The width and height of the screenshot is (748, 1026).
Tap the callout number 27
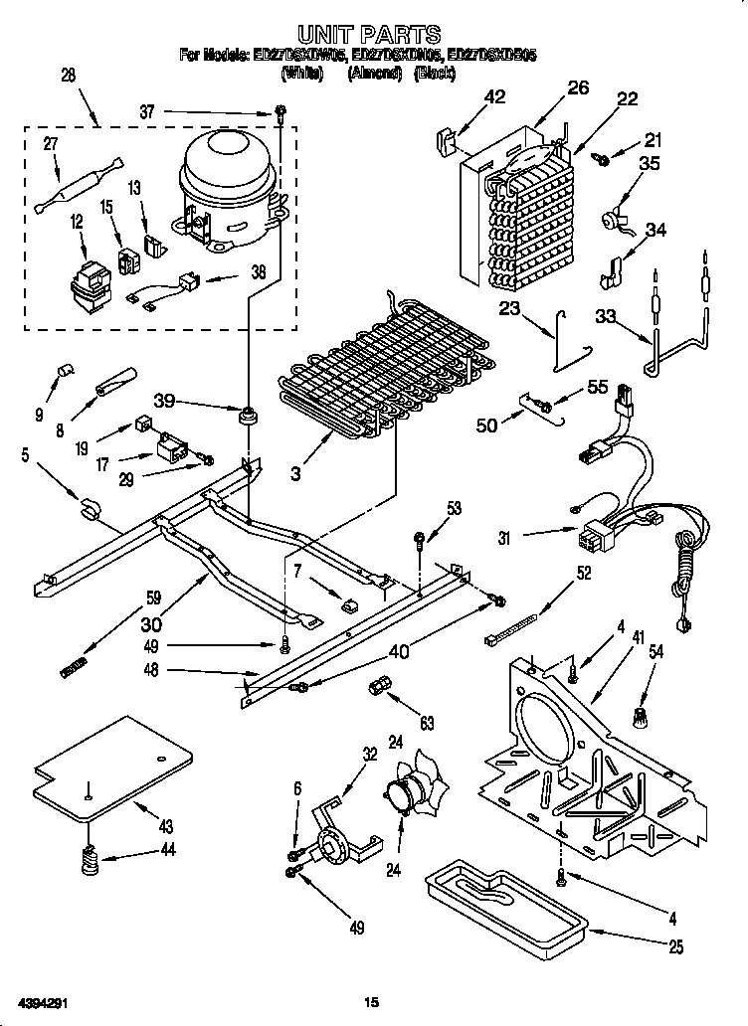[50, 143]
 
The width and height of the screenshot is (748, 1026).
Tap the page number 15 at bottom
[373, 1001]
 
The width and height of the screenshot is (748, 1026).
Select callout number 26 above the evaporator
[578, 88]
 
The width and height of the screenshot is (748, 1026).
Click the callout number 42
[494, 96]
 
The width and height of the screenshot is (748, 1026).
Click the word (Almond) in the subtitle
[374, 74]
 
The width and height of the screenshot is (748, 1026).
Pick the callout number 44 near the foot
[167, 850]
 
